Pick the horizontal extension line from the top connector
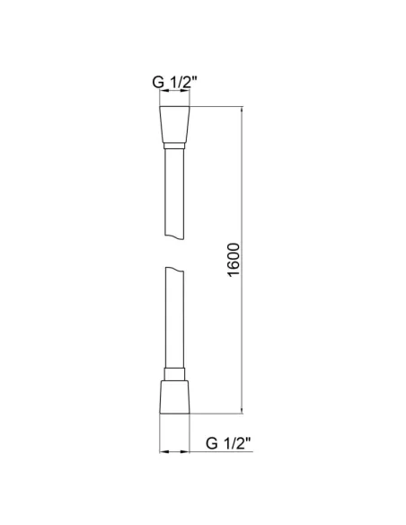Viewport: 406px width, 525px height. point(216,108)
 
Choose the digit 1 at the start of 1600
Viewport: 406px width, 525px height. point(232,278)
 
